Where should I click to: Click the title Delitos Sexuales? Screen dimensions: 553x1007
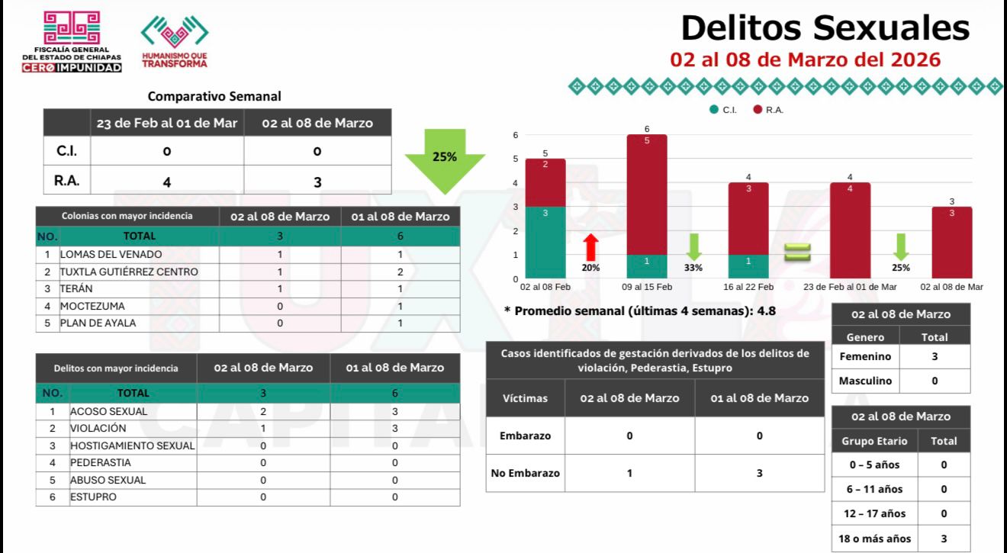pos(825,28)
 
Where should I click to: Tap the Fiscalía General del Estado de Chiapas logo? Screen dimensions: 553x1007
pos(72,42)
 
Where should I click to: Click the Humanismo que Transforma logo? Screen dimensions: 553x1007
pos(174,42)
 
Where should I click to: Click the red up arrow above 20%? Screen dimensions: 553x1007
pos(590,247)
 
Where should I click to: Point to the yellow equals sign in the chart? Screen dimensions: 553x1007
pos(797,250)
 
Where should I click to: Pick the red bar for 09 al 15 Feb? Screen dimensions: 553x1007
pos(646,194)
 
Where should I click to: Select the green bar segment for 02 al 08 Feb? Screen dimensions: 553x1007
pos(545,241)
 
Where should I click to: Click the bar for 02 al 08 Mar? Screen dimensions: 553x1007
pos(951,242)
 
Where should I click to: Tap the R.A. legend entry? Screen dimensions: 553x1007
pos(769,110)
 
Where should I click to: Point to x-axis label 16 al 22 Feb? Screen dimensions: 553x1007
pos(748,287)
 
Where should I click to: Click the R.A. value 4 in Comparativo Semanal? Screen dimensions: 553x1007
pos(166,182)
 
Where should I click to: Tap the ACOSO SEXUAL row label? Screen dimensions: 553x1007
pos(109,411)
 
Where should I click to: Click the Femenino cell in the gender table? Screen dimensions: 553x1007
pos(865,356)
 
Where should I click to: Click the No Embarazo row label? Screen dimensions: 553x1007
pos(525,473)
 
